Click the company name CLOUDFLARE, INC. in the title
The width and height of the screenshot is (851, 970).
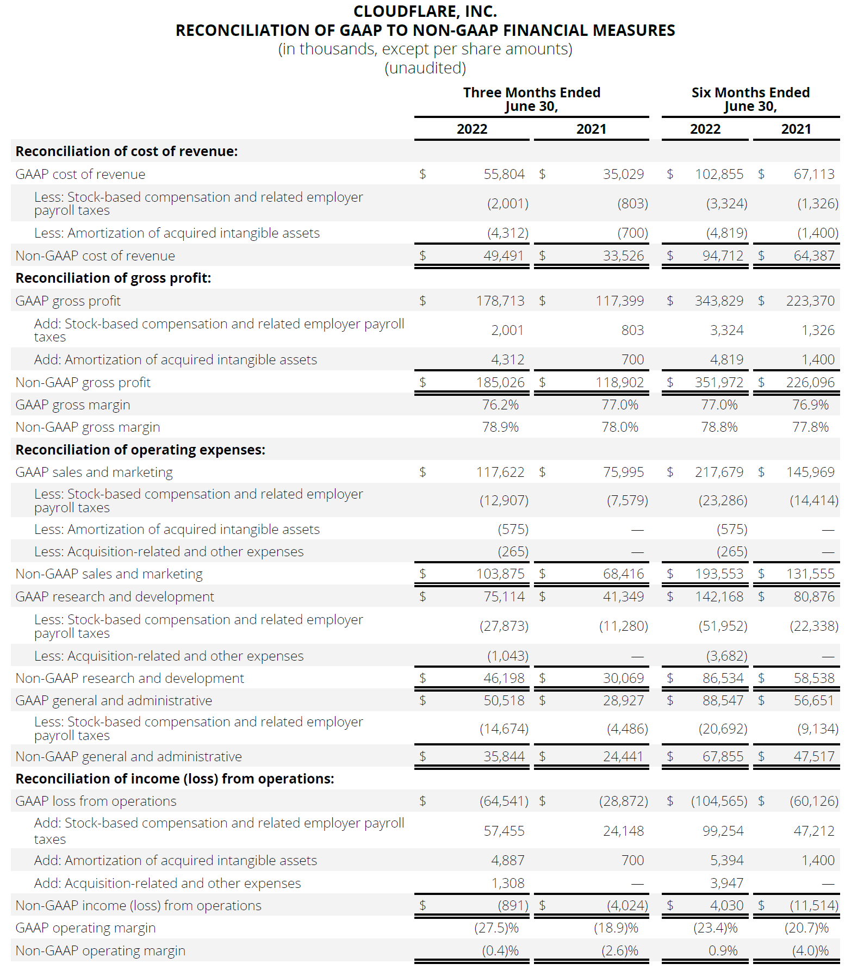pos(425,11)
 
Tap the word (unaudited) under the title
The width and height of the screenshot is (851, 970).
pos(425,68)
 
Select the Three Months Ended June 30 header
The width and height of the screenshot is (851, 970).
pos(531,99)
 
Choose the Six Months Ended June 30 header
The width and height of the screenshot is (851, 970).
pos(750,99)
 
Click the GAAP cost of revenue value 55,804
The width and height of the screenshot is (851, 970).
pos(504,174)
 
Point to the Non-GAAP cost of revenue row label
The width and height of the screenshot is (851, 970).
pos(95,256)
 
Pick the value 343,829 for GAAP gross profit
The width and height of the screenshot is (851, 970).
pos(719,301)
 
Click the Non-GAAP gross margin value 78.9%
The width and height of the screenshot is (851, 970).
pos(500,427)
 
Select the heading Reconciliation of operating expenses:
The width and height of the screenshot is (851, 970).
pos(140,450)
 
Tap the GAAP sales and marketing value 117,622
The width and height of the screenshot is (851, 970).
pos(500,472)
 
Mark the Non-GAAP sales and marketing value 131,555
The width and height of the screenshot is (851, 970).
pos(810,574)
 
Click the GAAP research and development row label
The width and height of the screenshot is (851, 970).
pos(115,596)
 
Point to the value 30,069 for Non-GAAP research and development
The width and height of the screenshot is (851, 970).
pos(623,678)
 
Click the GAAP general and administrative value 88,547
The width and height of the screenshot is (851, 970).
pos(723,700)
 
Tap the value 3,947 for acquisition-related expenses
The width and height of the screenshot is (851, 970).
pos(726,883)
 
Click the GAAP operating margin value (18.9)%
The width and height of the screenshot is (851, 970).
pos(616,928)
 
